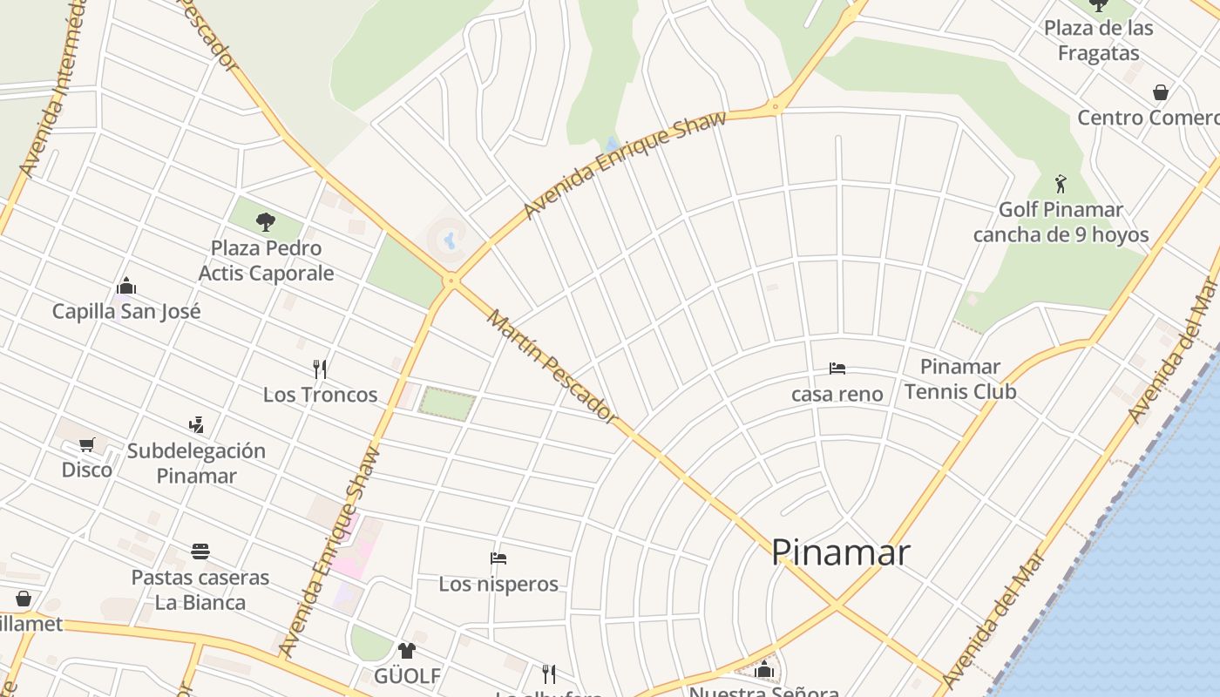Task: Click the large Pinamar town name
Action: (x=841, y=552)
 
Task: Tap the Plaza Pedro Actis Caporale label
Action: (x=266, y=261)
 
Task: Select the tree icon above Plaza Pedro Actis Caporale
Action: (x=266, y=221)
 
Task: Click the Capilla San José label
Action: (x=126, y=311)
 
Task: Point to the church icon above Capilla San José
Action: (x=126, y=286)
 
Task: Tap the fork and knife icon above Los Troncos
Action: (x=320, y=369)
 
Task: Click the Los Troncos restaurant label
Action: (x=320, y=395)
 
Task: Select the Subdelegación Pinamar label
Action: (x=196, y=463)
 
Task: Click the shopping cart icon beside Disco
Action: (x=86, y=444)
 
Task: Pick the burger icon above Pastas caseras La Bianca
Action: (x=200, y=551)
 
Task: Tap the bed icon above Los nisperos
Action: (x=498, y=558)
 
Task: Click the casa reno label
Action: (x=837, y=394)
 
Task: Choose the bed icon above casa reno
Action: (x=837, y=369)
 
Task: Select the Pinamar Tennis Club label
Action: (x=960, y=379)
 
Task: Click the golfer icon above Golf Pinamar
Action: (x=1061, y=184)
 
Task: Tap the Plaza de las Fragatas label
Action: (x=1098, y=40)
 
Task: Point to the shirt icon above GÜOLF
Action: (x=407, y=650)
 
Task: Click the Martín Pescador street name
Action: (x=552, y=366)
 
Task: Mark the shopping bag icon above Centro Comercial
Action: (x=1161, y=91)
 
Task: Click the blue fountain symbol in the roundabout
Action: (x=449, y=238)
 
